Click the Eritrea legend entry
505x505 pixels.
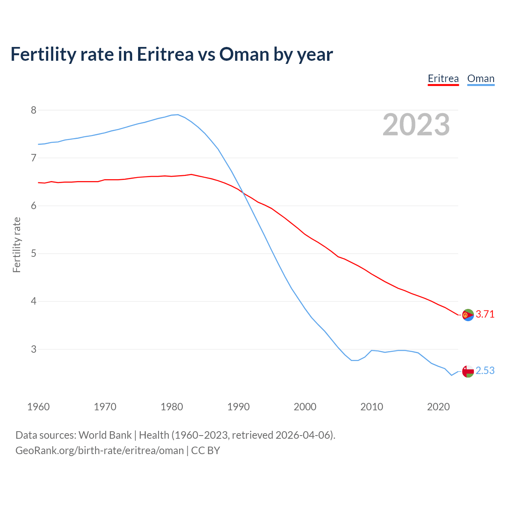click(443, 79)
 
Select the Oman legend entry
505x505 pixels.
click(481, 79)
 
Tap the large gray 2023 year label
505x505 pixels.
click(416, 125)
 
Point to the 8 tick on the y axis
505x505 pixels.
click(34, 110)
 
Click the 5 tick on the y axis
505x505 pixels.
click(34, 253)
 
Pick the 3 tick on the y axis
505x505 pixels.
click(34, 349)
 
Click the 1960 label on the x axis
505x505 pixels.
click(38, 407)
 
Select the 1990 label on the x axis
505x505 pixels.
click(238, 407)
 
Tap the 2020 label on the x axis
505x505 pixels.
click(438, 407)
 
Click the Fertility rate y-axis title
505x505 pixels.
click(17, 245)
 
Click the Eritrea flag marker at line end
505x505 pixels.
click(468, 315)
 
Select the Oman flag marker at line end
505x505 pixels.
click(468, 371)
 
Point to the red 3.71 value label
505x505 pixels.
click(485, 314)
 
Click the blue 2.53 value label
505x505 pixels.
click(485, 371)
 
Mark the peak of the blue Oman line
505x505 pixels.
click(178, 115)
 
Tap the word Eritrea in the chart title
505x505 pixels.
click(165, 54)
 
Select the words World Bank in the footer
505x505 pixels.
click(105, 435)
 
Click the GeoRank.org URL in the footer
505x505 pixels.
click(99, 451)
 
